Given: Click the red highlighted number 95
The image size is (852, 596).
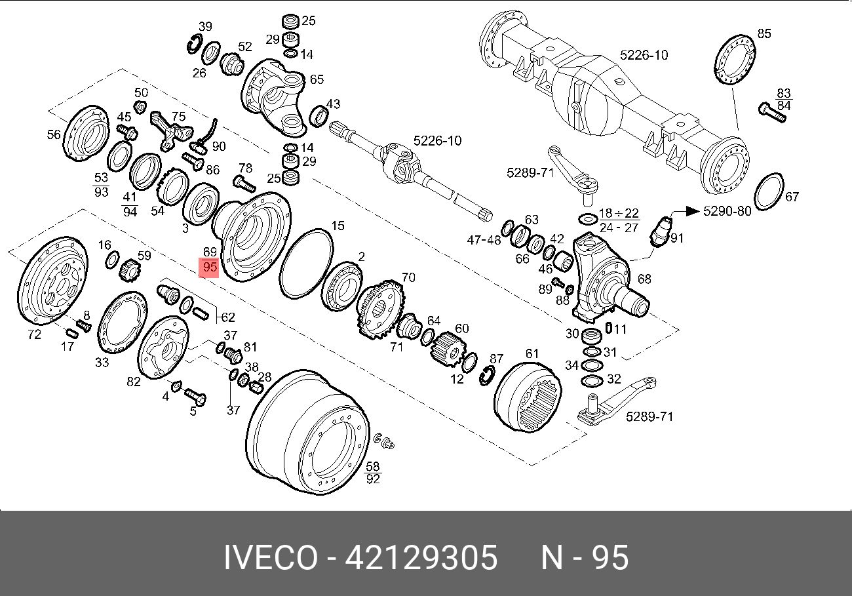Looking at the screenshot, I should coord(210,268).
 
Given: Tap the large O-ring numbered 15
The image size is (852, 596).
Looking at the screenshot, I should coord(307,263).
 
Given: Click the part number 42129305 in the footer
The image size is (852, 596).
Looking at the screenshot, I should coord(421,559).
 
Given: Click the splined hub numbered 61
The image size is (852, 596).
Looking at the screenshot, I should coord(528,396).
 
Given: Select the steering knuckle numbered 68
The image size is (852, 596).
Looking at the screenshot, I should coord(606,278).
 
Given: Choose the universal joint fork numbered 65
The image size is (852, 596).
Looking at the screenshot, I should coord(275,95).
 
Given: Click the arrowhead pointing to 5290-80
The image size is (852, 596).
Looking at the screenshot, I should coord(692,211).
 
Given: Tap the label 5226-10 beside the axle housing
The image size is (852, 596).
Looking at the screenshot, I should coord(644,55).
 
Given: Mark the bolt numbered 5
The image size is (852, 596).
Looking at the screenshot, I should coord(195,396).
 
